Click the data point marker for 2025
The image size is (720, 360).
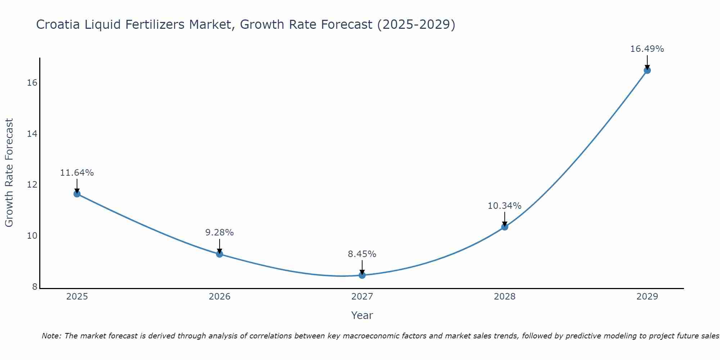coord(77,194)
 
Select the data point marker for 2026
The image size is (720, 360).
coord(220,254)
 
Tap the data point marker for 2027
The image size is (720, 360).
coord(362,275)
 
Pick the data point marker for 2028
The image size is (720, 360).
coord(505,227)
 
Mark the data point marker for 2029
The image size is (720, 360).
coord(647,70)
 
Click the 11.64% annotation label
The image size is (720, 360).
coord(77,173)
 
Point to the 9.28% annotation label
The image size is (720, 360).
coord(220,233)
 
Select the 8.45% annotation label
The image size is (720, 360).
coord(362,254)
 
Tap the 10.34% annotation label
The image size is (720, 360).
coord(504,206)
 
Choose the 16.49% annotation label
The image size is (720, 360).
coord(647,49)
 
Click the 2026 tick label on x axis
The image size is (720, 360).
coord(220,297)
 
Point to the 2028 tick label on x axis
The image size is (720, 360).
coord(505,297)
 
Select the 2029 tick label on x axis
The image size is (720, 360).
coord(647,297)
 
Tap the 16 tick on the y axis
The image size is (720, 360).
coord(32,83)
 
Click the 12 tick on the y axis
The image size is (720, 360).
coord(32,185)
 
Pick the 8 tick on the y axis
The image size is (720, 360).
coord(35,287)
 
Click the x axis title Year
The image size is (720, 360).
coord(362,315)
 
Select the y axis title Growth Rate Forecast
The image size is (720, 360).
coord(9,172)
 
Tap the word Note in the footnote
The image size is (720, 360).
coord(51,336)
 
